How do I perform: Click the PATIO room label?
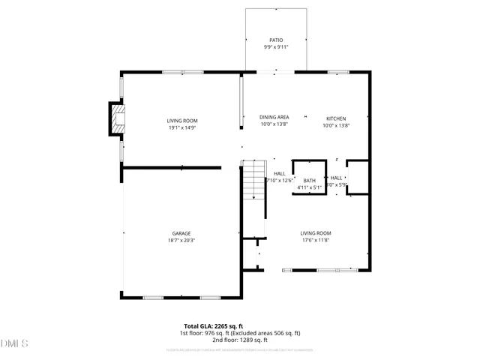tap(276, 40)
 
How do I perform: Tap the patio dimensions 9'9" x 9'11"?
tap(276, 47)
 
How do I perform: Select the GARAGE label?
tap(181, 233)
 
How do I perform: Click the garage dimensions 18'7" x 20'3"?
tap(181, 241)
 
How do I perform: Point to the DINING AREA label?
tap(274, 117)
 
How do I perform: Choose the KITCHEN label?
tap(335, 119)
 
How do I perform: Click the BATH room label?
tap(309, 180)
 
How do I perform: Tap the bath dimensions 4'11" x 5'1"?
tap(309, 187)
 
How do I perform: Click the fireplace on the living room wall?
tap(117, 118)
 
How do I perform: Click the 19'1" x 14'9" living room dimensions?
tap(181, 127)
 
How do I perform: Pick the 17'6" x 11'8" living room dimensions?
tap(316, 241)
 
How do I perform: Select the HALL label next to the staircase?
tap(279, 173)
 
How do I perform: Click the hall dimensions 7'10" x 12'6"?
tap(278, 181)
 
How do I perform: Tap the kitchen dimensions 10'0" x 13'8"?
tap(336, 126)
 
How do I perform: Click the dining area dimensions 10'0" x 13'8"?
tap(274, 124)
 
